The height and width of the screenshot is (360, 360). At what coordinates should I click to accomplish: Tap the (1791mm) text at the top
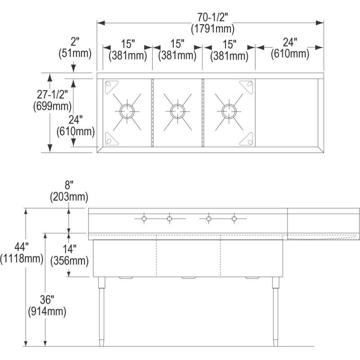[x=212, y=29]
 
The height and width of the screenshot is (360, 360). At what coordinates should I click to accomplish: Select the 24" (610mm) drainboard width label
[x=290, y=49]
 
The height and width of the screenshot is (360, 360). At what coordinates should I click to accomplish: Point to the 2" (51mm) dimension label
[x=75, y=48]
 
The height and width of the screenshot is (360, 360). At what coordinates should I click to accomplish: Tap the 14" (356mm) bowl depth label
[x=69, y=255]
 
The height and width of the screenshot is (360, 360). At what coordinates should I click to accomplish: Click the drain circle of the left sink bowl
[x=126, y=109]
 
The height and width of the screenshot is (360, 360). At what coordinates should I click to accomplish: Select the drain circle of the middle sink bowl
[x=177, y=109]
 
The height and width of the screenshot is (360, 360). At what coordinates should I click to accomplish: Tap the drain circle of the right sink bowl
[x=228, y=109]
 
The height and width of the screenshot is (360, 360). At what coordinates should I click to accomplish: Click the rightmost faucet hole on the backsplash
[x=234, y=219]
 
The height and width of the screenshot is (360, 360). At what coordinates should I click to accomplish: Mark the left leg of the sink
[x=101, y=310]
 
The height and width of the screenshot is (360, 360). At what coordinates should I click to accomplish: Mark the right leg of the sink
[x=275, y=310]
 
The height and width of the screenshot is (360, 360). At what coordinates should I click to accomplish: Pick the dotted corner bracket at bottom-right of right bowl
[x=246, y=139]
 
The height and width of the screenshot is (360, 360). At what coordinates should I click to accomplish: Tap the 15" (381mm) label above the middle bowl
[x=177, y=49]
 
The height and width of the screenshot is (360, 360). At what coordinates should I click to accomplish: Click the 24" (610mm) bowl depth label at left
[x=76, y=126]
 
